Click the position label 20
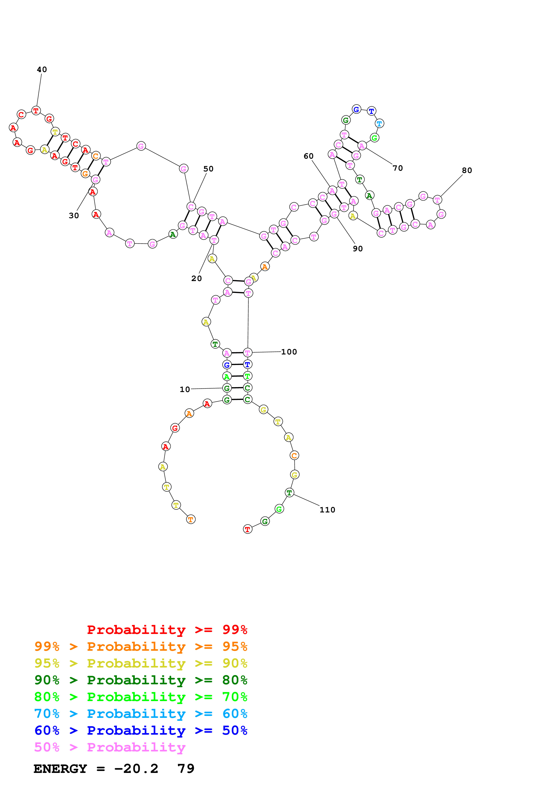[196, 278]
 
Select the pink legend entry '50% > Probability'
[109, 747]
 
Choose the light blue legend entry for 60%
[141, 714]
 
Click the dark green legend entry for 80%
[141, 680]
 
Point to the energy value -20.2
[136, 769]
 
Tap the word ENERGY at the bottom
[60, 769]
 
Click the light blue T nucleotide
[379, 124]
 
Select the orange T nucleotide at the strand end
[191, 520]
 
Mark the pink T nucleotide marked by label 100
[247, 352]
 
